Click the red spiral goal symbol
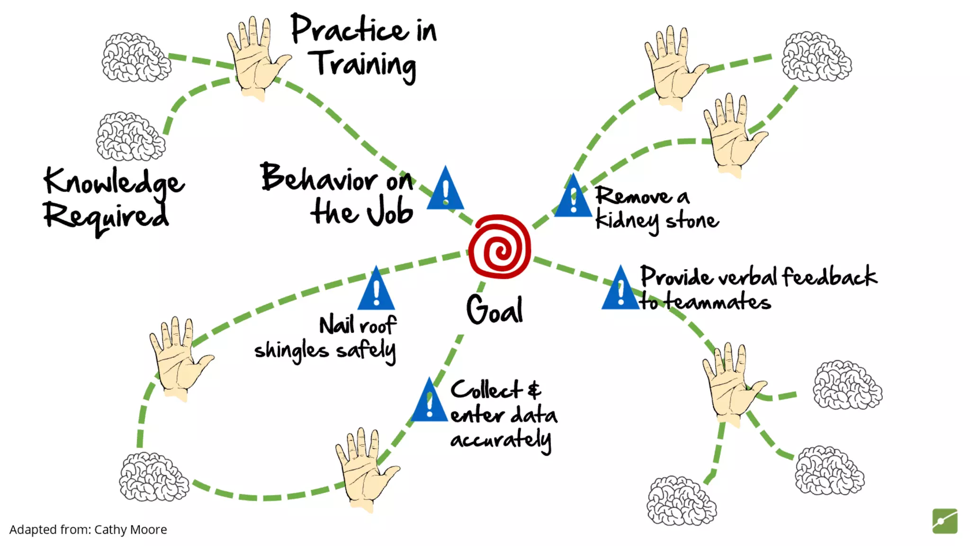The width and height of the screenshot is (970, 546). coord(499,246)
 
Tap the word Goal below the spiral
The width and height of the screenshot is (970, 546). coord(494,310)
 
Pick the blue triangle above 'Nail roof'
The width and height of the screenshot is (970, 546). coord(376,290)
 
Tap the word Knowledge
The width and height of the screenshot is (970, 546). coord(114,183)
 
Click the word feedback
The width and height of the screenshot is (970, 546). coord(829,277)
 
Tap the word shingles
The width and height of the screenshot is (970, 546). coord(291,351)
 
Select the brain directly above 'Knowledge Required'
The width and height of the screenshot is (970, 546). coord(131,136)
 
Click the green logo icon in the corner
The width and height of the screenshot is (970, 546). coord(944,521)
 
